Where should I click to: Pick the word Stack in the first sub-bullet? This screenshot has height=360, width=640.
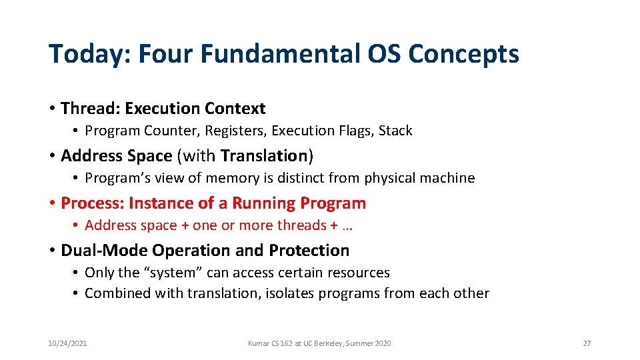click(395, 131)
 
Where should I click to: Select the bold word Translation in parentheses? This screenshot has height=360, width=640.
click(263, 155)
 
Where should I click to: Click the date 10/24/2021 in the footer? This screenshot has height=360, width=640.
click(67, 343)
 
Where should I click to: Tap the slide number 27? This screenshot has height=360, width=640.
click(587, 343)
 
